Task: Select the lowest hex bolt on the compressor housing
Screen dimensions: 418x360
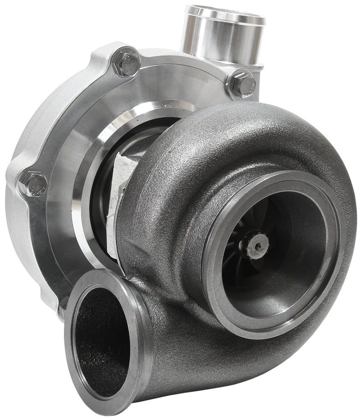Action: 33,182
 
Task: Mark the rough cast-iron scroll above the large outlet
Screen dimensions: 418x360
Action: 234,135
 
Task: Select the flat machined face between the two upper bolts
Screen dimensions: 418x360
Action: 180,77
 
